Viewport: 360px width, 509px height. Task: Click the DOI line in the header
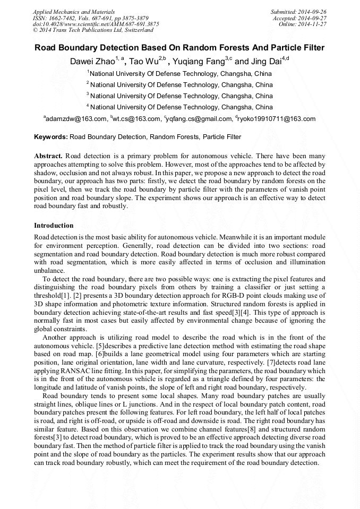pyautogui.click(x=96, y=24)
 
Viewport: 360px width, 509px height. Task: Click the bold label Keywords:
pyautogui.click(x=51, y=137)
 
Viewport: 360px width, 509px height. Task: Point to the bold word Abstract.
pyautogui.click(x=48, y=156)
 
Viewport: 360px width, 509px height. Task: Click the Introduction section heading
pyautogui.click(x=54, y=226)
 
